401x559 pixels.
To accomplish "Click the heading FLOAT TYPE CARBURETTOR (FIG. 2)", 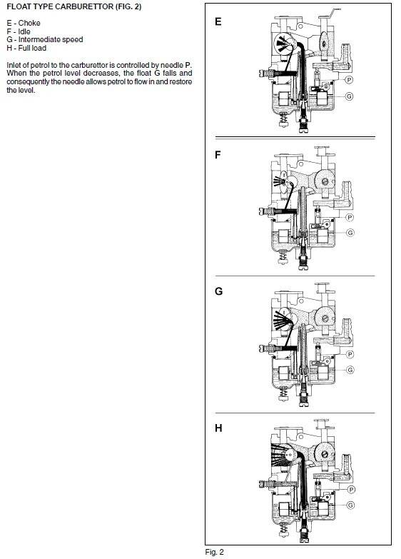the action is [x=73, y=6].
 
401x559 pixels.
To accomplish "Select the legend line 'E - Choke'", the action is [x=24, y=23].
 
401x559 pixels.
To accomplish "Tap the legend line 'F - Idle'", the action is [x=19, y=31].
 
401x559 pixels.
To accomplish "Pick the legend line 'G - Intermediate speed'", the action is [x=45, y=39].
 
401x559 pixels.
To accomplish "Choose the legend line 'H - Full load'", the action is [x=26, y=48].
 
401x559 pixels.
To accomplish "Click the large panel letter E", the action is [x=218, y=21].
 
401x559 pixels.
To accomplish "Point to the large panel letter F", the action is [x=218, y=155].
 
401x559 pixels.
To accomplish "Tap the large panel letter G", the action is [x=218, y=291].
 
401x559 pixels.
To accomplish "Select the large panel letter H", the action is [x=218, y=428].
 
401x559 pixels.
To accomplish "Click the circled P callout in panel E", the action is [x=350, y=80].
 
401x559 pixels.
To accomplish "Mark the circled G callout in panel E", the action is [x=350, y=96].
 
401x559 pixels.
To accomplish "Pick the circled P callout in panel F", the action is [x=350, y=217].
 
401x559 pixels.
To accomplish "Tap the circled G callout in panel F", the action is [x=350, y=233].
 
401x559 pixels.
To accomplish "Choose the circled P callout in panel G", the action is [x=350, y=354].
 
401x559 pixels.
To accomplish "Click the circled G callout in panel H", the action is [x=351, y=505].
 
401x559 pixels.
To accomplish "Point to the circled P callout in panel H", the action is [x=351, y=490].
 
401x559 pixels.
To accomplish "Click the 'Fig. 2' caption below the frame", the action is [x=215, y=553].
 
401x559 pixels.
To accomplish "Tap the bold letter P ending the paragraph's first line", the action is [x=188, y=65].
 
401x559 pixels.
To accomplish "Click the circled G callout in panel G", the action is [x=350, y=370].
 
